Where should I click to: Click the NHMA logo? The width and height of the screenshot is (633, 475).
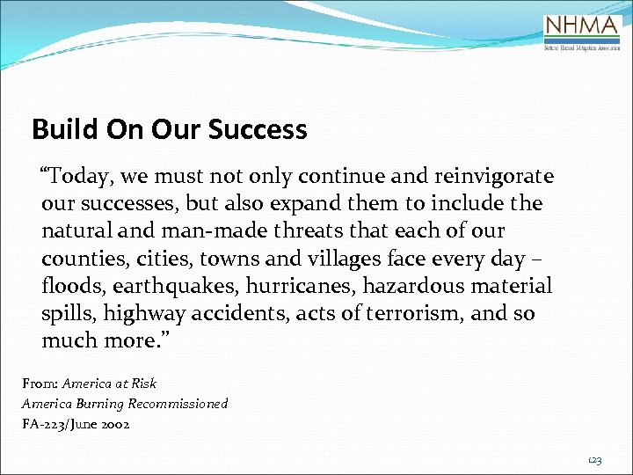[582, 33]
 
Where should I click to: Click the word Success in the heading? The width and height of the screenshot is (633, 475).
[258, 130]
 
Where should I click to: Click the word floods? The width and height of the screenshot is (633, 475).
[69, 286]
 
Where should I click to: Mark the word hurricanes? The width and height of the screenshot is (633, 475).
[296, 286]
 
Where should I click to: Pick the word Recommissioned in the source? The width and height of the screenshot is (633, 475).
[178, 403]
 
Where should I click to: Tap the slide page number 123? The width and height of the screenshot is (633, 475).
[594, 460]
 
